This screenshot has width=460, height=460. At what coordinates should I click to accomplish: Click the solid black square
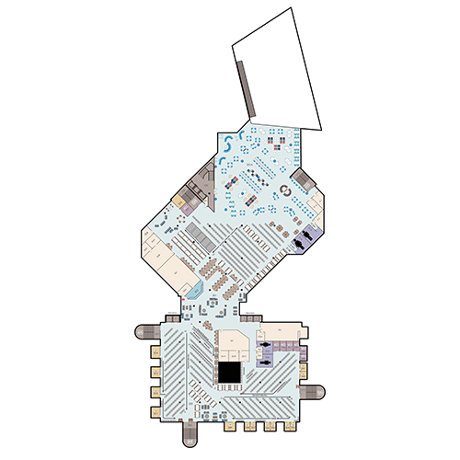(x=229, y=373)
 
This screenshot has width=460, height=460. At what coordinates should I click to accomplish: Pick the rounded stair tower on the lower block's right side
(x=314, y=394)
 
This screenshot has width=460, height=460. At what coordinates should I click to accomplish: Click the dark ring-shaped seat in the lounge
(x=285, y=190)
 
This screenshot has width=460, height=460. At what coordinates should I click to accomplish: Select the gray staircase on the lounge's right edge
(x=304, y=178)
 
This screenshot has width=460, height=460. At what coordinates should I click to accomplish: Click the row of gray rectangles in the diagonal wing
(x=196, y=241)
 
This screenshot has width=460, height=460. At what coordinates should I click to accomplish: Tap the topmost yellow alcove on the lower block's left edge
(x=152, y=351)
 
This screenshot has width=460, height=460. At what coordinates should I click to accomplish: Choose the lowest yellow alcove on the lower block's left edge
(x=152, y=407)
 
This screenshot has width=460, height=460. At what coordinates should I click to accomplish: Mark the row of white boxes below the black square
(x=227, y=397)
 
